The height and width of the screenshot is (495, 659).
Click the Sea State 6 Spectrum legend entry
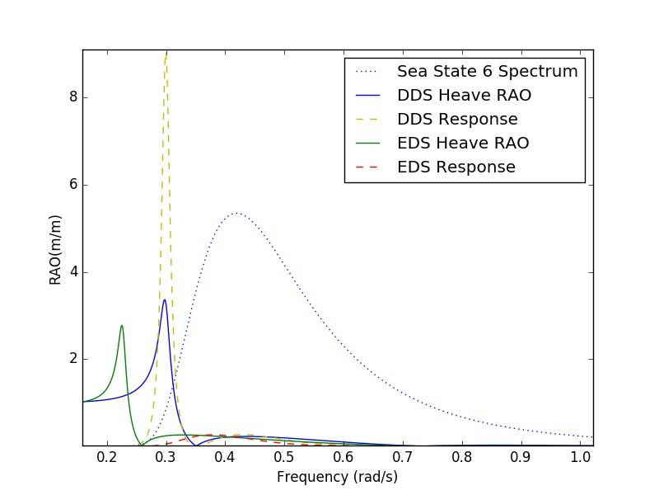(487, 71)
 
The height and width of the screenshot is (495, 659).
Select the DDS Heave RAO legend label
(464, 95)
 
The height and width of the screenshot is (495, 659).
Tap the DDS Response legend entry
(457, 119)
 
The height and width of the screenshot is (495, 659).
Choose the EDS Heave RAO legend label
(463, 143)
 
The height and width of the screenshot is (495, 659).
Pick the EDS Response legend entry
(456, 167)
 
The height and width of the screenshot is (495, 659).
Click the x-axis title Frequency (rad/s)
(338, 477)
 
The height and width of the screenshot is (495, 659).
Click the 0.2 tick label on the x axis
(106, 458)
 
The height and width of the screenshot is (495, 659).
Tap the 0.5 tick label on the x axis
(284, 458)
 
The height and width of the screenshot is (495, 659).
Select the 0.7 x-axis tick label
(402, 458)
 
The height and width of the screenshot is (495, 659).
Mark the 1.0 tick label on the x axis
(580, 458)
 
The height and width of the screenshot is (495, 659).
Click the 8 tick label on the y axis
(72, 97)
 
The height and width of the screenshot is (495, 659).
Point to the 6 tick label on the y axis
(72, 185)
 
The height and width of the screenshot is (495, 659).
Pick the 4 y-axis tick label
(72, 272)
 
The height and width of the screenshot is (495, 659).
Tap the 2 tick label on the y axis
(72, 359)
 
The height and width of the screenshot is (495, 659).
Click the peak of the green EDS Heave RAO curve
(122, 326)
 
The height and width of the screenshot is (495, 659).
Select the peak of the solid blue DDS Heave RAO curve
(165, 299)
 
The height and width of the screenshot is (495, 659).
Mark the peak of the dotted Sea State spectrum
(236, 213)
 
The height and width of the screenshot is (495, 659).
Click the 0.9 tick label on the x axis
(521, 458)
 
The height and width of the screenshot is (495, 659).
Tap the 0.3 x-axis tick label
(166, 458)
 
